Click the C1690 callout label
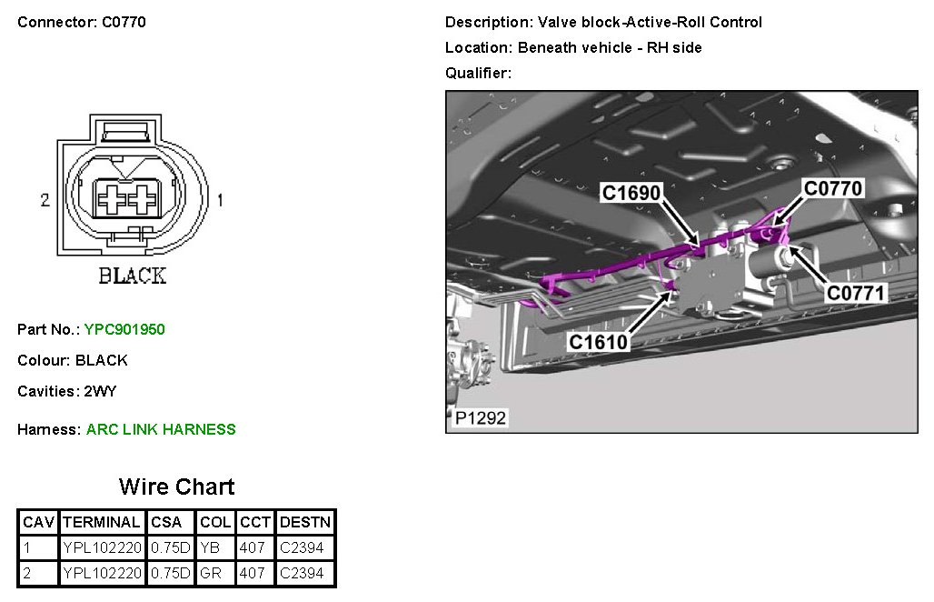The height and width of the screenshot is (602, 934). coord(631,193)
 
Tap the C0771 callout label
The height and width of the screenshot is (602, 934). coord(856,293)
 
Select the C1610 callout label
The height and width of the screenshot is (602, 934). coord(598,342)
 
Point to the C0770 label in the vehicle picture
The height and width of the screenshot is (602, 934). coord(833,188)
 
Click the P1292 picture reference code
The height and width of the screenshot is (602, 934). coord(480,417)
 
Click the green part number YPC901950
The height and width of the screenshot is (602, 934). coord(124,329)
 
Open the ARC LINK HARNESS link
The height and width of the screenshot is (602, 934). coord(161,429)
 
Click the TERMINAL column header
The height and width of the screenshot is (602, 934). coord(101,522)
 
